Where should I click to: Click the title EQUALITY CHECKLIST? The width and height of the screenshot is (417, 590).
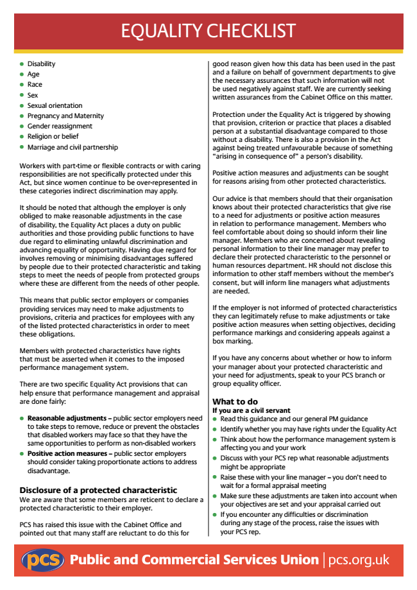(208, 30)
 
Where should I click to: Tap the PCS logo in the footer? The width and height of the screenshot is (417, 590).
(43, 560)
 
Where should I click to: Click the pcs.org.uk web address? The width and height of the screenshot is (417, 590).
(359, 560)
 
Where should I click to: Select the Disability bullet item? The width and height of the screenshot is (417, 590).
(41, 64)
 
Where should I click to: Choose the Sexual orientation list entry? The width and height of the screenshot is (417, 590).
(55, 105)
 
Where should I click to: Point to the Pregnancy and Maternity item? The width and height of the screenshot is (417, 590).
(65, 116)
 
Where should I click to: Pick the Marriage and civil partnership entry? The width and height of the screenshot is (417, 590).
(72, 147)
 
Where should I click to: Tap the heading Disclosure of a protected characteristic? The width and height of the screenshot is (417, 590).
(98, 490)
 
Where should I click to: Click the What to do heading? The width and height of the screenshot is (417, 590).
(235, 402)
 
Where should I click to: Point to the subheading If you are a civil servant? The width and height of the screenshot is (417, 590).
(251, 410)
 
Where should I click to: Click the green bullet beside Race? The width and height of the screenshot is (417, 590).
(22, 85)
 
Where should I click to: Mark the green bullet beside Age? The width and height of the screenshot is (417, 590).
(22, 74)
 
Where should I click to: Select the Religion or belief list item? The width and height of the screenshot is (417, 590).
(53, 137)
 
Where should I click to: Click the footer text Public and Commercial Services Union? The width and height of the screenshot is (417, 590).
(194, 560)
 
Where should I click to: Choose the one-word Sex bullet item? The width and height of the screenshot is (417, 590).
(33, 95)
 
